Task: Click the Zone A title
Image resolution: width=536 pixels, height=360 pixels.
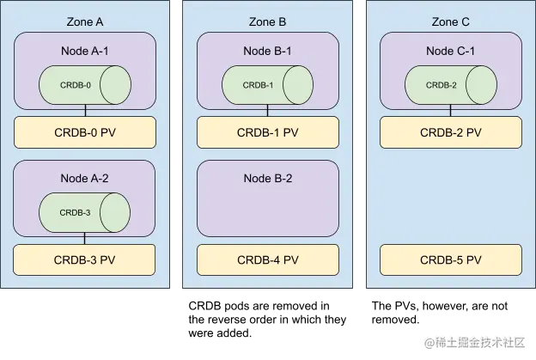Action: click(84, 21)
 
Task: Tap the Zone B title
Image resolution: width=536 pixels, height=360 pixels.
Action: click(267, 21)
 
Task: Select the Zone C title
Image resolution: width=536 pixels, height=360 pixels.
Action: click(450, 21)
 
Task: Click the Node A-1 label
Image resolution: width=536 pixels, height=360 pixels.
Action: click(84, 52)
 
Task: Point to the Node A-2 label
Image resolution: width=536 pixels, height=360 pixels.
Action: click(84, 179)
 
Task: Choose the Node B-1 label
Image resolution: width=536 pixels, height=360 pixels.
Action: click(267, 52)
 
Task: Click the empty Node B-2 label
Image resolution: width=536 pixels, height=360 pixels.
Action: click(267, 179)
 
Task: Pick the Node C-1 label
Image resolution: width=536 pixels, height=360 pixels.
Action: click(450, 52)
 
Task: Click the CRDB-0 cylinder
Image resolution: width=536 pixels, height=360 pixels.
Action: click(84, 85)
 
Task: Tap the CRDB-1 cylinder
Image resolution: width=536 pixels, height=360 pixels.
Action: click(267, 85)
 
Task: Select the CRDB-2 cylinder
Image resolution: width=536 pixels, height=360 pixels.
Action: click(450, 85)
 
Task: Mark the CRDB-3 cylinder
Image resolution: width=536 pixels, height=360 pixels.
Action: click(84, 212)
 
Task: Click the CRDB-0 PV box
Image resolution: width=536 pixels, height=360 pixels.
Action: click(84, 132)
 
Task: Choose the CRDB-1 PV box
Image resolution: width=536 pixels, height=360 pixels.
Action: click(267, 132)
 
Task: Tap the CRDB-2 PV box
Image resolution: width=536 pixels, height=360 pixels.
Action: click(450, 132)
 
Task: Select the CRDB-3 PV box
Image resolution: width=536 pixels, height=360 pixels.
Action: click(84, 259)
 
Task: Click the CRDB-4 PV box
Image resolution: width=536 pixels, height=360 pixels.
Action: click(267, 259)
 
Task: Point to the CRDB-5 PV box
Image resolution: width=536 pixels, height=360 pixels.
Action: click(450, 259)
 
